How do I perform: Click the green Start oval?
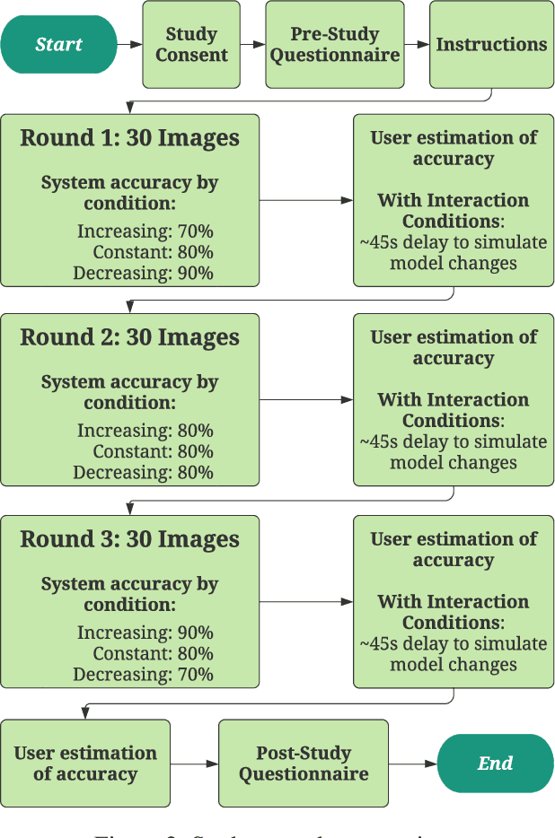(58, 44)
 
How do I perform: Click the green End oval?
(495, 764)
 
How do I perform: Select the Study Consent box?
(191, 44)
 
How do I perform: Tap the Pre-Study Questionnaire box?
(335, 44)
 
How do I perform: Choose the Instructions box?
(491, 44)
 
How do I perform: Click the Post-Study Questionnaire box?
(304, 764)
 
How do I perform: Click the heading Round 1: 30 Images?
(130, 138)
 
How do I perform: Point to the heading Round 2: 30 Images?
(130, 338)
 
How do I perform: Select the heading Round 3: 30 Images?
(130, 540)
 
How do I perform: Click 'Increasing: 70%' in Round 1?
(145, 231)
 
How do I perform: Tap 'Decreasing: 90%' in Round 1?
(143, 273)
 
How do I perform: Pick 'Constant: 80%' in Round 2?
(153, 452)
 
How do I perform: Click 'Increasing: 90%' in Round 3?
(145, 633)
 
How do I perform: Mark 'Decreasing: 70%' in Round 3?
(143, 675)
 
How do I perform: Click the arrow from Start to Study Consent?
(129, 44)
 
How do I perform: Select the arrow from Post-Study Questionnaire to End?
(412, 764)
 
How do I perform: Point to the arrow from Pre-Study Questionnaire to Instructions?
(417, 44)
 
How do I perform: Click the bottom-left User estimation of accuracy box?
(85, 764)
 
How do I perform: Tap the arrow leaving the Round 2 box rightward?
(305, 400)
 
